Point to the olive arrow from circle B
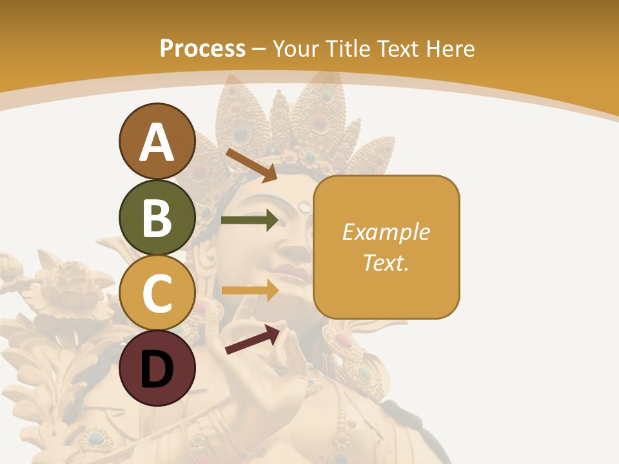pos(250,220)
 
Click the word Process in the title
pos(202,48)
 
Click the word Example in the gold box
pos(386,232)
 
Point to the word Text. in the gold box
pos(386,262)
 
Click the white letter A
pos(157,143)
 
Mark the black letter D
pos(157,369)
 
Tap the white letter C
pos(157,294)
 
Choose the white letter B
pos(157,218)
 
